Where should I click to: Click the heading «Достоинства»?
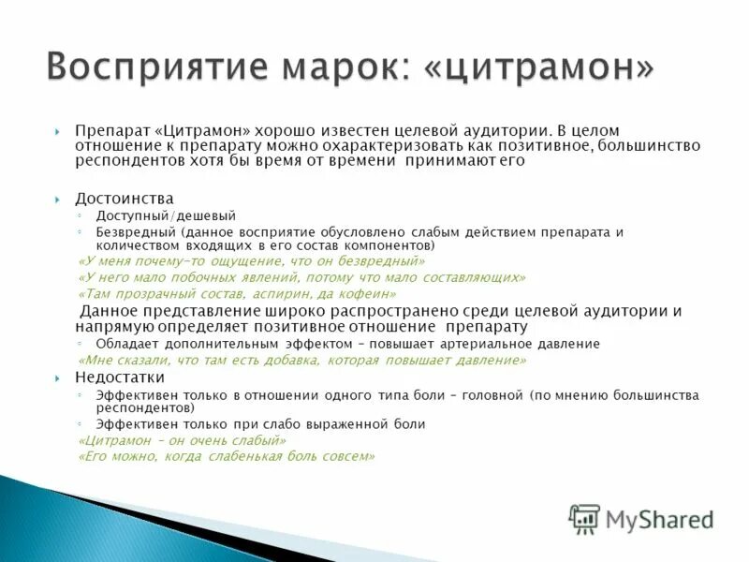click(x=124, y=199)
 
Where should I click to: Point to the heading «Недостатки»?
click(x=120, y=377)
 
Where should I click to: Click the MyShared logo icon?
click(x=584, y=518)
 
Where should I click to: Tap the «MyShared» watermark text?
click(x=659, y=519)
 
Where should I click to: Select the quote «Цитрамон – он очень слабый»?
click(x=182, y=440)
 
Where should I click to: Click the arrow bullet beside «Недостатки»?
click(x=58, y=377)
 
